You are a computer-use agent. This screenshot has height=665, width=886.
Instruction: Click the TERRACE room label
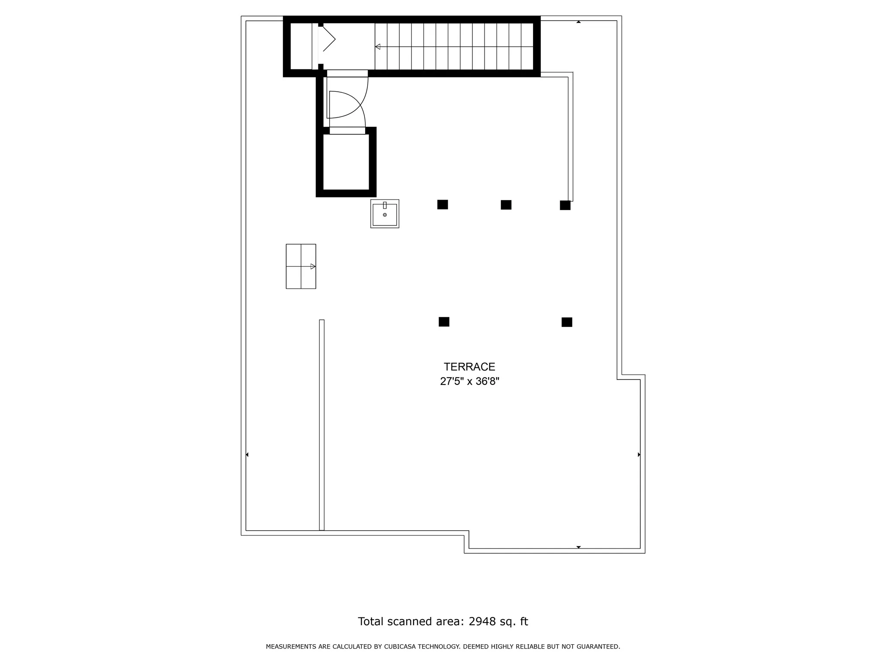469,367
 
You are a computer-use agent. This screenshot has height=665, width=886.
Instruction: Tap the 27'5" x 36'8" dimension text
469,381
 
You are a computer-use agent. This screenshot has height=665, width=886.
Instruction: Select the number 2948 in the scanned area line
482,621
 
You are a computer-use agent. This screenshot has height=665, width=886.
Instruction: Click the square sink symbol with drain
385,214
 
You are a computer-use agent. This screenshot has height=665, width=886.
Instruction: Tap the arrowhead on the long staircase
378,47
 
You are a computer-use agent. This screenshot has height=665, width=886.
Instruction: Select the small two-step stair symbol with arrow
301,266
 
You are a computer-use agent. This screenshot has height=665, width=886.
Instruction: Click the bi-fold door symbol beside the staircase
327,39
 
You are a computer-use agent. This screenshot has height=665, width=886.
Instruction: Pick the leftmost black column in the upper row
443,204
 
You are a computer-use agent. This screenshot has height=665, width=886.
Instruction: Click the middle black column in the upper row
506,205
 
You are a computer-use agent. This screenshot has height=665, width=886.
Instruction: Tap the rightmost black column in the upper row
565,205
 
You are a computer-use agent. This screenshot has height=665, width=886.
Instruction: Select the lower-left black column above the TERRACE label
444,322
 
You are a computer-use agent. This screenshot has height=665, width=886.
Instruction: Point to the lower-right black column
567,322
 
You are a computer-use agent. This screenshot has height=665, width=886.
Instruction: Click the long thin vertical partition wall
322,425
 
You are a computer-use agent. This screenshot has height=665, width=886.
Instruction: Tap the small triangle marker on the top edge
578,22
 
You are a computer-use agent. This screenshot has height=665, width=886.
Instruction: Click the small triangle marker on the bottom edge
578,547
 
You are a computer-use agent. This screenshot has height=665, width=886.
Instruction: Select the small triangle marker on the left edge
247,455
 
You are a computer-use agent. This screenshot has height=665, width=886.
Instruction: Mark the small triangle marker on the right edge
639,455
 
